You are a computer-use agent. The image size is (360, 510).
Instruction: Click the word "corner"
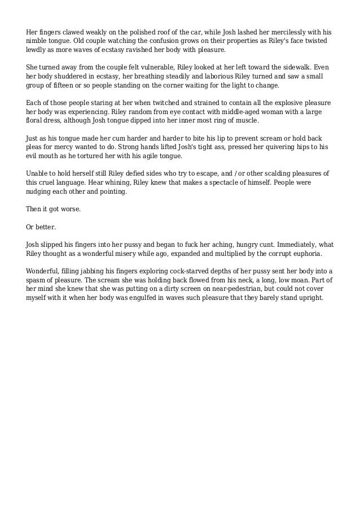tap(177, 86)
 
